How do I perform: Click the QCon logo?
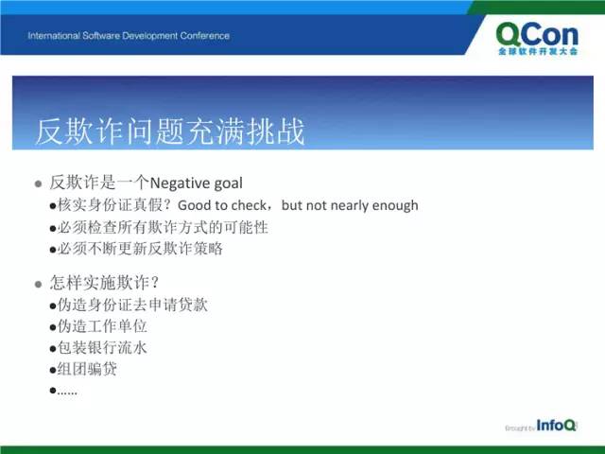[x=537, y=39]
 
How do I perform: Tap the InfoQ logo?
[x=556, y=425]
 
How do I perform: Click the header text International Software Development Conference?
[x=129, y=36]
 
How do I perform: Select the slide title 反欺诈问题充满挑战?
[x=170, y=131]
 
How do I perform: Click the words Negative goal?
[x=196, y=183]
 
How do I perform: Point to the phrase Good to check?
[x=222, y=205]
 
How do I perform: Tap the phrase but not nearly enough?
[x=350, y=205]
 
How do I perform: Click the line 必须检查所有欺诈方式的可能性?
[x=163, y=227]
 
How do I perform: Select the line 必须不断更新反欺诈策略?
[x=140, y=249]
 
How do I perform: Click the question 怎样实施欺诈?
[x=104, y=283]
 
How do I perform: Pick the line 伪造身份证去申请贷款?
[x=132, y=305]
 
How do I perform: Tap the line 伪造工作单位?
[x=102, y=326]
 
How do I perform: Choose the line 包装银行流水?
[x=102, y=347]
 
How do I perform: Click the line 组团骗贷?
[x=87, y=369]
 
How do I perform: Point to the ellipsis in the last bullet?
[x=67, y=393]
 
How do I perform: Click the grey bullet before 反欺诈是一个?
[x=38, y=183]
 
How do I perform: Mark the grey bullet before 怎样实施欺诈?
[x=38, y=285]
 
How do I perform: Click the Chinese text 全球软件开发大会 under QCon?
[x=538, y=51]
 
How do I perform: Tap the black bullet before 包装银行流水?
[x=53, y=349]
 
